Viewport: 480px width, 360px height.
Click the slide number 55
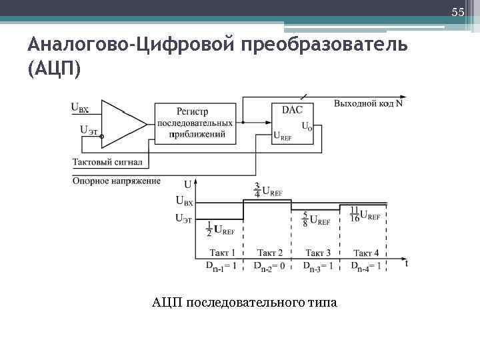click(x=457, y=12)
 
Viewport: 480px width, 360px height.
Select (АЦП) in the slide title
click(x=54, y=69)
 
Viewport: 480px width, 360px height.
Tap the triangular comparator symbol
click(x=123, y=123)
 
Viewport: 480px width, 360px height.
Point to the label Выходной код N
click(x=368, y=103)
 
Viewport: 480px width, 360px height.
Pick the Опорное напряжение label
click(x=117, y=181)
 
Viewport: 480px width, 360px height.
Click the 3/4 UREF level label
click(x=268, y=190)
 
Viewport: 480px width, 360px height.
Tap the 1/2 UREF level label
click(x=221, y=229)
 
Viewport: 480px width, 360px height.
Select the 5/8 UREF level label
click(x=316, y=220)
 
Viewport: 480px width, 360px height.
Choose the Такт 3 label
click(x=318, y=253)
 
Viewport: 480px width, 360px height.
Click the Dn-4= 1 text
click(x=366, y=266)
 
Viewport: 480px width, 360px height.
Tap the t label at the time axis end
click(x=406, y=263)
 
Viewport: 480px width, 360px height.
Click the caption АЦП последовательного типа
click(x=245, y=303)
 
